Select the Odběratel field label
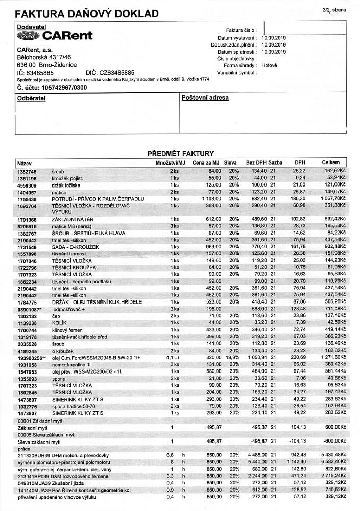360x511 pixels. (32, 98)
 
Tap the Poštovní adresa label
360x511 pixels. (205, 98)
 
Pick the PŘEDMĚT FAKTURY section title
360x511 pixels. (180, 153)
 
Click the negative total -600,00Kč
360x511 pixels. (333, 441)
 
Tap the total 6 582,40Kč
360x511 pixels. (333, 462)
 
